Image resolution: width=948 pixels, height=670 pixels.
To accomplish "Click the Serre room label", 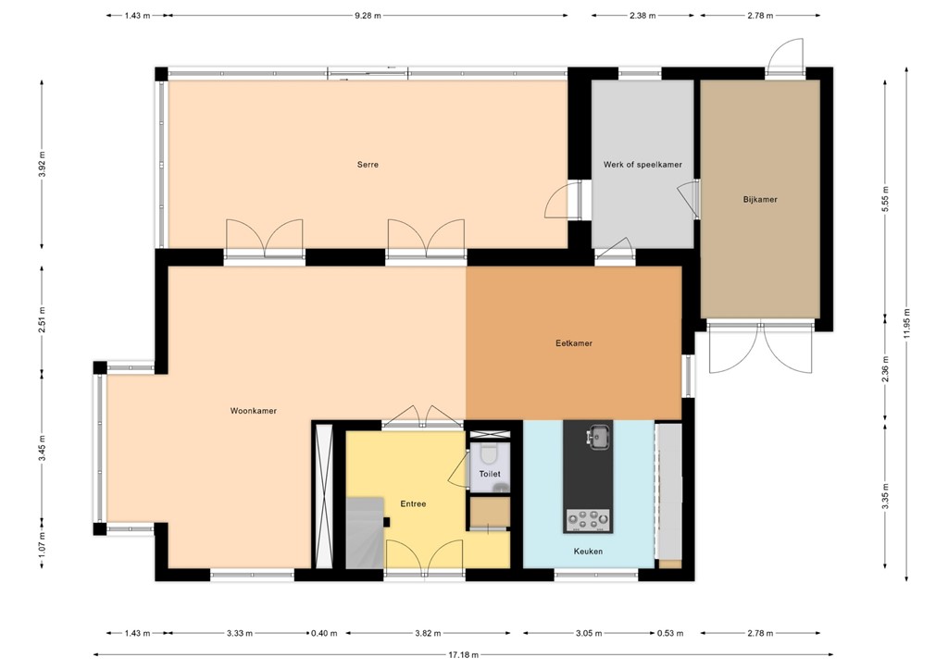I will (x=368, y=165).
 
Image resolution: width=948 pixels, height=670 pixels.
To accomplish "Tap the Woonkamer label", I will (x=254, y=411).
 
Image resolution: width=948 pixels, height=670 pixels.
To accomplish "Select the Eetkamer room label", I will (x=573, y=343).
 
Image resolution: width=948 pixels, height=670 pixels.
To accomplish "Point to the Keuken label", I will (x=588, y=552).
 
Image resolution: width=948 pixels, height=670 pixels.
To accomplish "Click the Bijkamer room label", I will (x=760, y=199).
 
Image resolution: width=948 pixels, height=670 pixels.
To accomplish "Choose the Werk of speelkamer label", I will (x=642, y=165).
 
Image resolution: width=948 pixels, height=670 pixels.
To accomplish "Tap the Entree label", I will (x=413, y=504).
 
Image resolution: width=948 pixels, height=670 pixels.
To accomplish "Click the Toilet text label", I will (x=490, y=474).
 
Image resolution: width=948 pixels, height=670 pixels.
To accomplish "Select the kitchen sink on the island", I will (x=600, y=434).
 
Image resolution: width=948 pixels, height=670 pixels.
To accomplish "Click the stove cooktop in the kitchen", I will (x=588, y=521).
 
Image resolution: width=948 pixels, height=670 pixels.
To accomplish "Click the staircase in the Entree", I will (x=365, y=532).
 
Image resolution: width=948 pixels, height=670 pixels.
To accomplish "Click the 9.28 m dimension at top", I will (x=368, y=16).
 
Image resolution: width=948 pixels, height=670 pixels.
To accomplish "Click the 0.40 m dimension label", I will (x=327, y=634).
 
